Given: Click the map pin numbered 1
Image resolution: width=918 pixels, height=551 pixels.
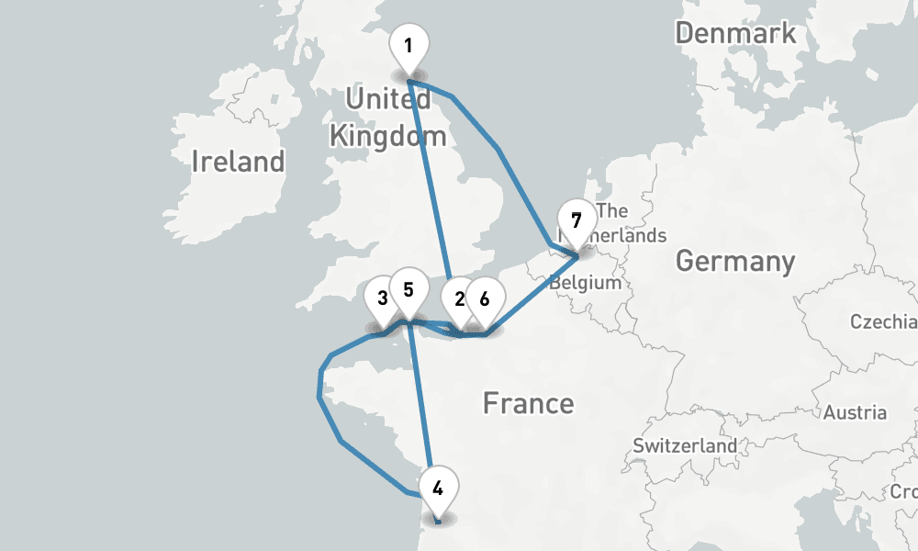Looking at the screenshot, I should pyautogui.click(x=409, y=46).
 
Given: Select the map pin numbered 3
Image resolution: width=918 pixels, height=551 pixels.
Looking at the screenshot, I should pyautogui.click(x=382, y=299).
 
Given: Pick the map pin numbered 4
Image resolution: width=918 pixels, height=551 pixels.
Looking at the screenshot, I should pyautogui.click(x=438, y=489).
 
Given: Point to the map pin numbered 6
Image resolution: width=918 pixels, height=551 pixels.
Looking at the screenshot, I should pyautogui.click(x=485, y=299).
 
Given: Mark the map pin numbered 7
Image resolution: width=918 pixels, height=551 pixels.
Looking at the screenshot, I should pyautogui.click(x=576, y=221).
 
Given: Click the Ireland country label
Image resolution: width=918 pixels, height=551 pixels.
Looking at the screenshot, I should pyautogui.click(x=238, y=163).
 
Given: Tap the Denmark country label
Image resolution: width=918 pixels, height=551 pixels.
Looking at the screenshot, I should pyautogui.click(x=735, y=34).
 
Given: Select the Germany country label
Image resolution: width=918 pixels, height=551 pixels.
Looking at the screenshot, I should pyautogui.click(x=735, y=262).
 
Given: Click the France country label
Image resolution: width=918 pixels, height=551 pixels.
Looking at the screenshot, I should pyautogui.click(x=528, y=403).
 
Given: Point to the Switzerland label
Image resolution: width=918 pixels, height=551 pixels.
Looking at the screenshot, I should pyautogui.click(x=685, y=445).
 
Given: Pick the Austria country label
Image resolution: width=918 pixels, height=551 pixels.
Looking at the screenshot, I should pyautogui.click(x=855, y=412).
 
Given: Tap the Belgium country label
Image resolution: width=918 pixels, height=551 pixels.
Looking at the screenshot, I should pyautogui.click(x=586, y=283).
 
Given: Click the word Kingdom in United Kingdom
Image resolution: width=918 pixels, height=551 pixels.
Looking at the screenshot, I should pyautogui.click(x=387, y=138).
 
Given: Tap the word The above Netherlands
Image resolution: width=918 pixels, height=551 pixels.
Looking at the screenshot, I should pyautogui.click(x=612, y=211).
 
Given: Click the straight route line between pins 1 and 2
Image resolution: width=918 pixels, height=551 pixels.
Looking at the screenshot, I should pyautogui.click(x=429, y=184).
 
